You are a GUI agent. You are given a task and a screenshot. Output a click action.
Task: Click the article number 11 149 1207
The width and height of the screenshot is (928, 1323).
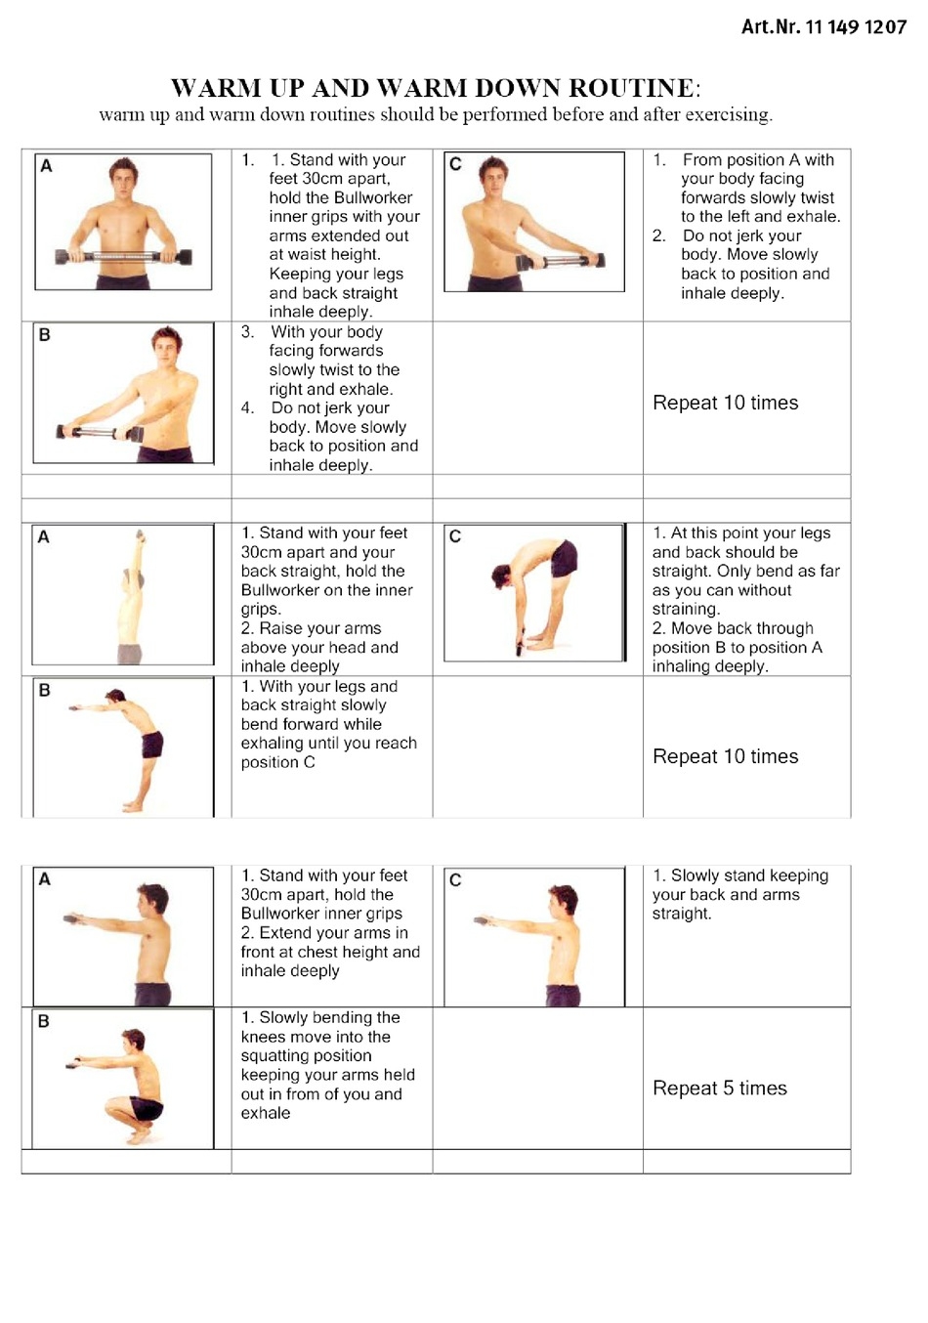(855, 27)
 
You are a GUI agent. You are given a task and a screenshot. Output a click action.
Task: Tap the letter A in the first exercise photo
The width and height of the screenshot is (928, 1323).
(46, 166)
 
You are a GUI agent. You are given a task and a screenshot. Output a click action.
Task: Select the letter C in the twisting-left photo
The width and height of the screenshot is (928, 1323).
(455, 164)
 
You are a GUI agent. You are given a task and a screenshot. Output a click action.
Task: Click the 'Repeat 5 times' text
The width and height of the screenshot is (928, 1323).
(719, 1088)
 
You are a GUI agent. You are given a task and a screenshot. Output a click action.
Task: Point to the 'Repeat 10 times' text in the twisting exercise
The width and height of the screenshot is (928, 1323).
(725, 403)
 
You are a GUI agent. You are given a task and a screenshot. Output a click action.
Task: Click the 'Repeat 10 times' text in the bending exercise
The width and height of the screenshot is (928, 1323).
(725, 756)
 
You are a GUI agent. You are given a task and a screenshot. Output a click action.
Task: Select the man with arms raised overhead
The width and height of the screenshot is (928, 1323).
(132, 596)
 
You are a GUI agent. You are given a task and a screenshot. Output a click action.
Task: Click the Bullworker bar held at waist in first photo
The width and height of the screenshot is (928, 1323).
(123, 257)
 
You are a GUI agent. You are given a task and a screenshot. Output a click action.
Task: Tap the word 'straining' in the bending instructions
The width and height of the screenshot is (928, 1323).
(684, 609)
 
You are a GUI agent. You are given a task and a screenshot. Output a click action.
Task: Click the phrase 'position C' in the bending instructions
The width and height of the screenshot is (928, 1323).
(277, 762)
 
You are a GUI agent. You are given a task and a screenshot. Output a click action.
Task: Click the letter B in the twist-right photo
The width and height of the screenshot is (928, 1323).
(44, 335)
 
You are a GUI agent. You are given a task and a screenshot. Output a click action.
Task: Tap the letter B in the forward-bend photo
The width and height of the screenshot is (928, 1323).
(44, 690)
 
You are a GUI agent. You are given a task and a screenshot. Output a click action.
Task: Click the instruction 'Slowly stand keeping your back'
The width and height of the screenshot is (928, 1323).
(739, 885)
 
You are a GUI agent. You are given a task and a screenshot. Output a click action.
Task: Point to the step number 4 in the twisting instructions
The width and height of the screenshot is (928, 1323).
(247, 407)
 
